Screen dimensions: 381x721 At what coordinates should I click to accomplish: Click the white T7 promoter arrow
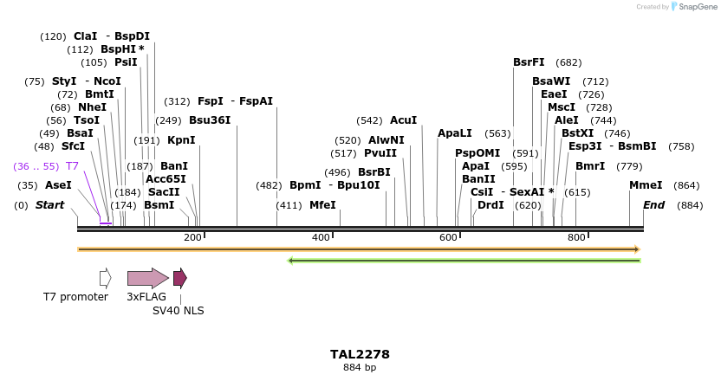coord(105,278)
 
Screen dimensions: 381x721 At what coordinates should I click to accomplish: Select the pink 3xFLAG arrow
coord(147,278)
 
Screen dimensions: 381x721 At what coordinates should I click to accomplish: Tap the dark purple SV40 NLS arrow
coord(179,278)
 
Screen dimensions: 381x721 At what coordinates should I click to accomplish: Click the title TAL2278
coord(360,354)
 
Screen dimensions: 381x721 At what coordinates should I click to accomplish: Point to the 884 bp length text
coord(360,368)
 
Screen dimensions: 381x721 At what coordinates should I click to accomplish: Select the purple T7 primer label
coord(72,165)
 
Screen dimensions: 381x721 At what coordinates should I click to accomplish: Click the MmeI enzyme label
coord(646,185)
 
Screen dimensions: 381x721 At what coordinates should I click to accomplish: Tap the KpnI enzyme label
coord(181,140)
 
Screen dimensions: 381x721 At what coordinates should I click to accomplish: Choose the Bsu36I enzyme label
coord(210,120)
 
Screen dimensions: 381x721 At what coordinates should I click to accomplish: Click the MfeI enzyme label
coord(322,205)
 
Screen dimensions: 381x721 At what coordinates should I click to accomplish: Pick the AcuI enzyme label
coord(403,120)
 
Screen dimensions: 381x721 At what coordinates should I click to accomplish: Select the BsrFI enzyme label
coord(529,62)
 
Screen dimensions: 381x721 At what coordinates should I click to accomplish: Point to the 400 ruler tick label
coord(321,237)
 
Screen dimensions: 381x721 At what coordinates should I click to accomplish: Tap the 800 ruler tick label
coord(576,237)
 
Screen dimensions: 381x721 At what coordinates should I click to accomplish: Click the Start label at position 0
coord(49,205)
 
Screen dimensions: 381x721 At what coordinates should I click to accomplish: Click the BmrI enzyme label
coord(590,165)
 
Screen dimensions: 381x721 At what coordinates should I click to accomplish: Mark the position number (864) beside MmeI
coord(686,185)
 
